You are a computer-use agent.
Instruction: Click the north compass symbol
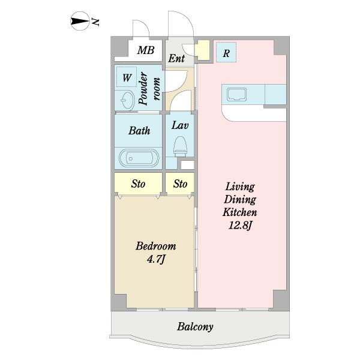(80, 21)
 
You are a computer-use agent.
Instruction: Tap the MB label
(146, 50)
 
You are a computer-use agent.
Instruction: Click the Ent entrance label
(176, 58)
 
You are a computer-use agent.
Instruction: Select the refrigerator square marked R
(226, 53)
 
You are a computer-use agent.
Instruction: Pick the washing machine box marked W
(127, 77)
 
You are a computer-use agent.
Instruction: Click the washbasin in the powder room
(127, 100)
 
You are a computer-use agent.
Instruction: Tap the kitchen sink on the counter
(236, 95)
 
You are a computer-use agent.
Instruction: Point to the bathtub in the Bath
(139, 158)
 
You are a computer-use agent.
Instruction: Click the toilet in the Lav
(180, 146)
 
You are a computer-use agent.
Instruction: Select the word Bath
(139, 131)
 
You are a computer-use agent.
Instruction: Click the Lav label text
(180, 125)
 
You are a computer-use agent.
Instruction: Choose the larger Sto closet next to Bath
(138, 184)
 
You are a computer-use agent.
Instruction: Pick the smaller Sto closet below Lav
(180, 184)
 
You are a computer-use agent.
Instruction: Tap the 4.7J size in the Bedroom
(156, 259)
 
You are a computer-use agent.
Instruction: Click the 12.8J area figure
(241, 225)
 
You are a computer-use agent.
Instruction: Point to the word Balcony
(195, 327)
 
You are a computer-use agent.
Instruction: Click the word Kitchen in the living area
(239, 212)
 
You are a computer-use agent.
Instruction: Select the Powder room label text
(149, 89)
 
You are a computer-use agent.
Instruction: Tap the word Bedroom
(155, 246)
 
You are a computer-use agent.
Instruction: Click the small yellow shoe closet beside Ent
(202, 50)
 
